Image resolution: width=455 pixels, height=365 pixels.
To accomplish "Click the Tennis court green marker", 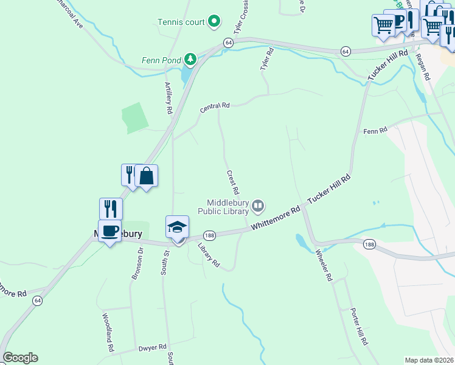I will [x=214, y=23].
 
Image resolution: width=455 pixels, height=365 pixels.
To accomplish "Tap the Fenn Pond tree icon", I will [x=190, y=59].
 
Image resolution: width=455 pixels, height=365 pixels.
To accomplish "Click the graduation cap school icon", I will [x=177, y=227].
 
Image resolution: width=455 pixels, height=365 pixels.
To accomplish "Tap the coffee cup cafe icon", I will [x=109, y=231].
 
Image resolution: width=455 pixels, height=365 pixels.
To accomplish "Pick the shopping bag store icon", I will [x=146, y=176].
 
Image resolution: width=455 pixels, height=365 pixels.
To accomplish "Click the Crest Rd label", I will [x=232, y=182].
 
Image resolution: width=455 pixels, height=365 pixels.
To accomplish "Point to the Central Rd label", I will [x=215, y=108].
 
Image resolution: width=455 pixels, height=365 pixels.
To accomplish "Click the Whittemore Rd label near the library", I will [x=276, y=217].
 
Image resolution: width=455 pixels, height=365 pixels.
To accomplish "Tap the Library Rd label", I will [x=209, y=255].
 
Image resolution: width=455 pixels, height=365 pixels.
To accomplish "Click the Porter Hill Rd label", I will [x=358, y=327].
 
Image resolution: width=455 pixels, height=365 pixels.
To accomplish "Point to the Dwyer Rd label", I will [x=153, y=347].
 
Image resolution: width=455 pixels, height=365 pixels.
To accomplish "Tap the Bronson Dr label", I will [x=137, y=263].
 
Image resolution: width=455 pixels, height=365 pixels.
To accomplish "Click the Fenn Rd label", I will [x=375, y=131].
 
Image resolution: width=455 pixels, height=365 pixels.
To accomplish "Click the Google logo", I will [x=20, y=358].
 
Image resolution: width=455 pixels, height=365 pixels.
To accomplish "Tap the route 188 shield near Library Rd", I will [x=209, y=235].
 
